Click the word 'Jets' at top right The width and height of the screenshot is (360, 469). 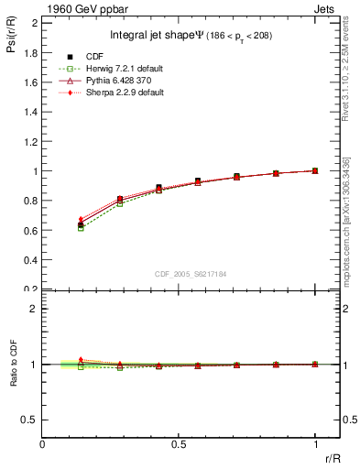point(327,8)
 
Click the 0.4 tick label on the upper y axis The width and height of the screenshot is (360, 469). point(29,260)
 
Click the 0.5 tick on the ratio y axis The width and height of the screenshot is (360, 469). point(29,420)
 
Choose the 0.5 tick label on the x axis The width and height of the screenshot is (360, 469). point(179,444)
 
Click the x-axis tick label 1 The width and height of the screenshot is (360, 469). point(315,444)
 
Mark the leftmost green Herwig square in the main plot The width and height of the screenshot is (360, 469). point(81,228)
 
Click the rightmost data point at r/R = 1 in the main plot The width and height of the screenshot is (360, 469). point(315,170)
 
